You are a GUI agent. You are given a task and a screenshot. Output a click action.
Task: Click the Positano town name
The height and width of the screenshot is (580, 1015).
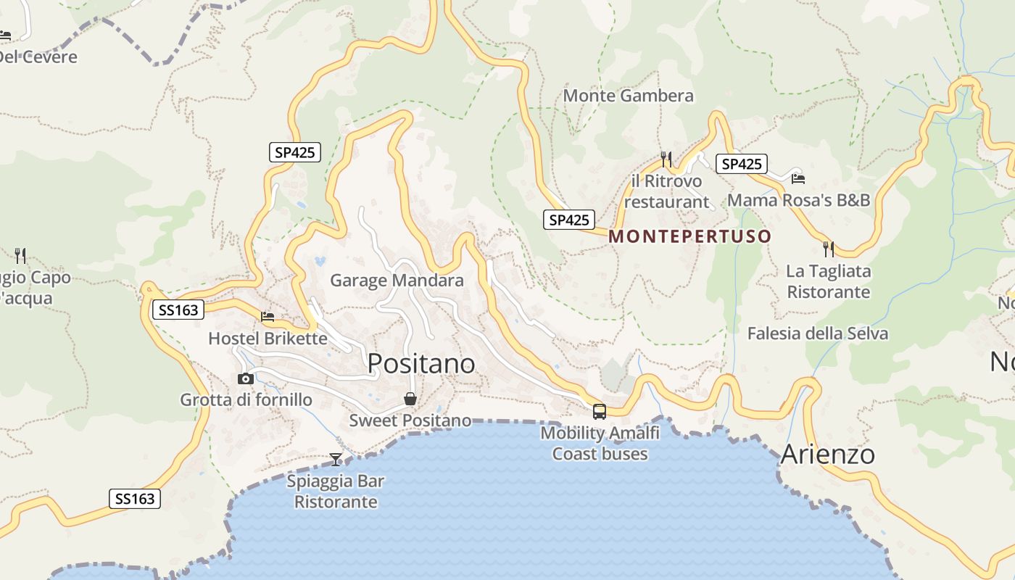tap(421, 363)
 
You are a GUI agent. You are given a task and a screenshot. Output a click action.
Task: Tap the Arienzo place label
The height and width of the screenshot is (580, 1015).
tap(827, 455)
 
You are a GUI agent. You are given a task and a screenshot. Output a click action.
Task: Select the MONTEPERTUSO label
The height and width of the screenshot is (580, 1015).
tap(689, 236)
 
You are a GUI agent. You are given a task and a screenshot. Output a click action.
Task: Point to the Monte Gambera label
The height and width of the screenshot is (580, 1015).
tap(628, 96)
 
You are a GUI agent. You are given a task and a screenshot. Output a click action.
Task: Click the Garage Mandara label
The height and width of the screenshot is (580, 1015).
tap(397, 281)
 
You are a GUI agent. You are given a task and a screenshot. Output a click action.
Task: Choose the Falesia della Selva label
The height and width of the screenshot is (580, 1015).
tap(817, 333)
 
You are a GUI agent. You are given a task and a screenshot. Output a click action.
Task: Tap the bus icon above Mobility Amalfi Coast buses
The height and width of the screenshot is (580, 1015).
tap(600, 412)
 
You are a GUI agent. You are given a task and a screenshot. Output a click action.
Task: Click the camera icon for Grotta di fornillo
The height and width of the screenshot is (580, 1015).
tap(246, 378)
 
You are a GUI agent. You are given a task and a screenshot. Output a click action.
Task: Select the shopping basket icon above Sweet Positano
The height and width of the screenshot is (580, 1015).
tap(410, 399)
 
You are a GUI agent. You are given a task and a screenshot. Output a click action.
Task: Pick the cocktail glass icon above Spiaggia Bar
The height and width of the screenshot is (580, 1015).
tap(336, 459)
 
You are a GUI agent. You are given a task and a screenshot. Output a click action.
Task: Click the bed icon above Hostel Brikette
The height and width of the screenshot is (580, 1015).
tap(268, 317)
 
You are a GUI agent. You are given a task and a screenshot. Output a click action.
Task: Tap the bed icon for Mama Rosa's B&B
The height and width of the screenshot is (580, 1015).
tap(798, 178)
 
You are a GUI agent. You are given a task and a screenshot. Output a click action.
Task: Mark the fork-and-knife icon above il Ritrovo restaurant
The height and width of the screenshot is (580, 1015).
tap(666, 159)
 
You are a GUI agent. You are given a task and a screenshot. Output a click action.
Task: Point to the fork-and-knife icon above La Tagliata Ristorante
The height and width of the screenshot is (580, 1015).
tap(829, 249)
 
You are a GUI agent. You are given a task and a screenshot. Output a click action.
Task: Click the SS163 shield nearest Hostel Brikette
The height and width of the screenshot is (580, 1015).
tap(178, 310)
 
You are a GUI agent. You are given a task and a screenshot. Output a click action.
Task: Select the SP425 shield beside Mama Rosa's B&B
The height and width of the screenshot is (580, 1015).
tap(742, 164)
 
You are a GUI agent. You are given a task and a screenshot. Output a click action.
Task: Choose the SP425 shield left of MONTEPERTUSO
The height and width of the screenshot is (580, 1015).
tap(569, 220)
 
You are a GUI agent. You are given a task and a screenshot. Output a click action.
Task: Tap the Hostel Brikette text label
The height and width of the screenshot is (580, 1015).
tap(268, 339)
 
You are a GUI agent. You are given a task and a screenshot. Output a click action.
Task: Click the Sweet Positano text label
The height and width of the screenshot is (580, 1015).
tap(410, 420)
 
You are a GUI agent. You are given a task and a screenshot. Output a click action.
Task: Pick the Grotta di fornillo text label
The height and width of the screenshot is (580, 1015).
tap(246, 400)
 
